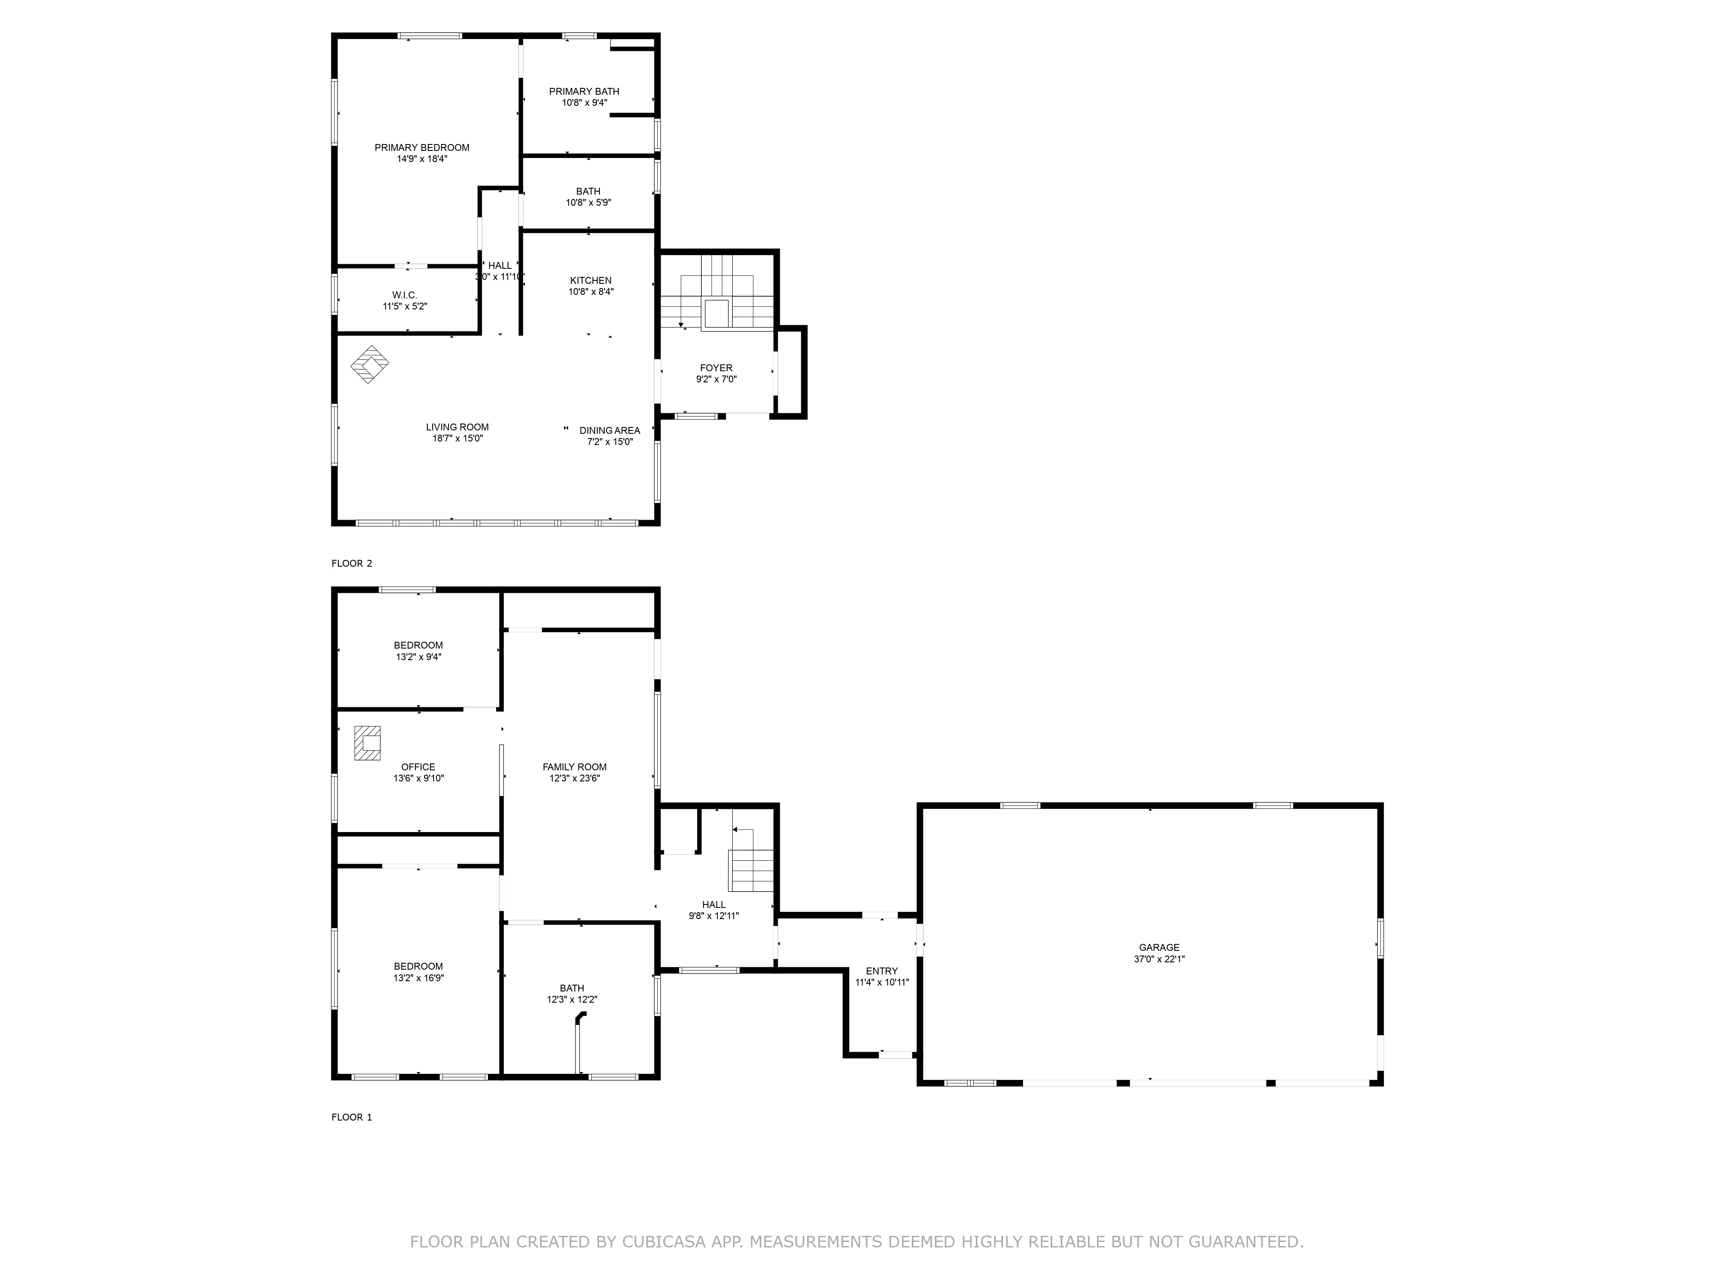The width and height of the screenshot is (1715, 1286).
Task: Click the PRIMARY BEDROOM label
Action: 422,147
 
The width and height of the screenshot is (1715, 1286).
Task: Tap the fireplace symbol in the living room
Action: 370,364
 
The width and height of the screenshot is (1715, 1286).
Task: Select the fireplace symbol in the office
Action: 367,742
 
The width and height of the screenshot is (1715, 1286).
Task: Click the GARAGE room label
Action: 1159,947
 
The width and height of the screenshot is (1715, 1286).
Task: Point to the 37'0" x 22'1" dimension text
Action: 1159,959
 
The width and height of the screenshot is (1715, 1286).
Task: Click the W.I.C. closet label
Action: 405,295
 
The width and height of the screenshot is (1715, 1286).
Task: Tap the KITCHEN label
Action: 591,281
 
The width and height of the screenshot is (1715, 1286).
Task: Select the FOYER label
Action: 716,368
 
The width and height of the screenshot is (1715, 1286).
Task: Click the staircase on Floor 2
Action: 717,302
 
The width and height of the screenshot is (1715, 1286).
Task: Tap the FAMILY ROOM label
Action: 575,766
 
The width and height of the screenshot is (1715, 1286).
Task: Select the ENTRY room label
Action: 882,971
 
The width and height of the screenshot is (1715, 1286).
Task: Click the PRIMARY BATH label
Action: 584,91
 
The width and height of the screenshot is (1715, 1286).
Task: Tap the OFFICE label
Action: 418,766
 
